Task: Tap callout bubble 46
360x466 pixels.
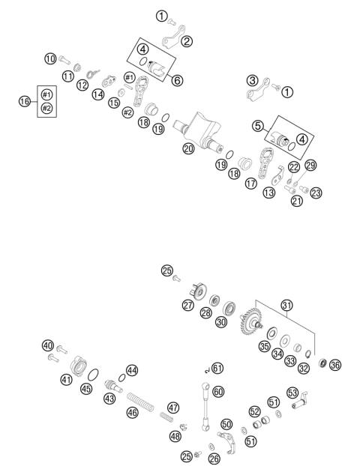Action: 133,412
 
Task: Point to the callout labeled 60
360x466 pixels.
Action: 218,392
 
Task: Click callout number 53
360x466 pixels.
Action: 292,392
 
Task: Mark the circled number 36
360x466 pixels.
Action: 334,365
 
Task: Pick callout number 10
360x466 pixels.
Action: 50,58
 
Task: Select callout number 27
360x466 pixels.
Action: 187,305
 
